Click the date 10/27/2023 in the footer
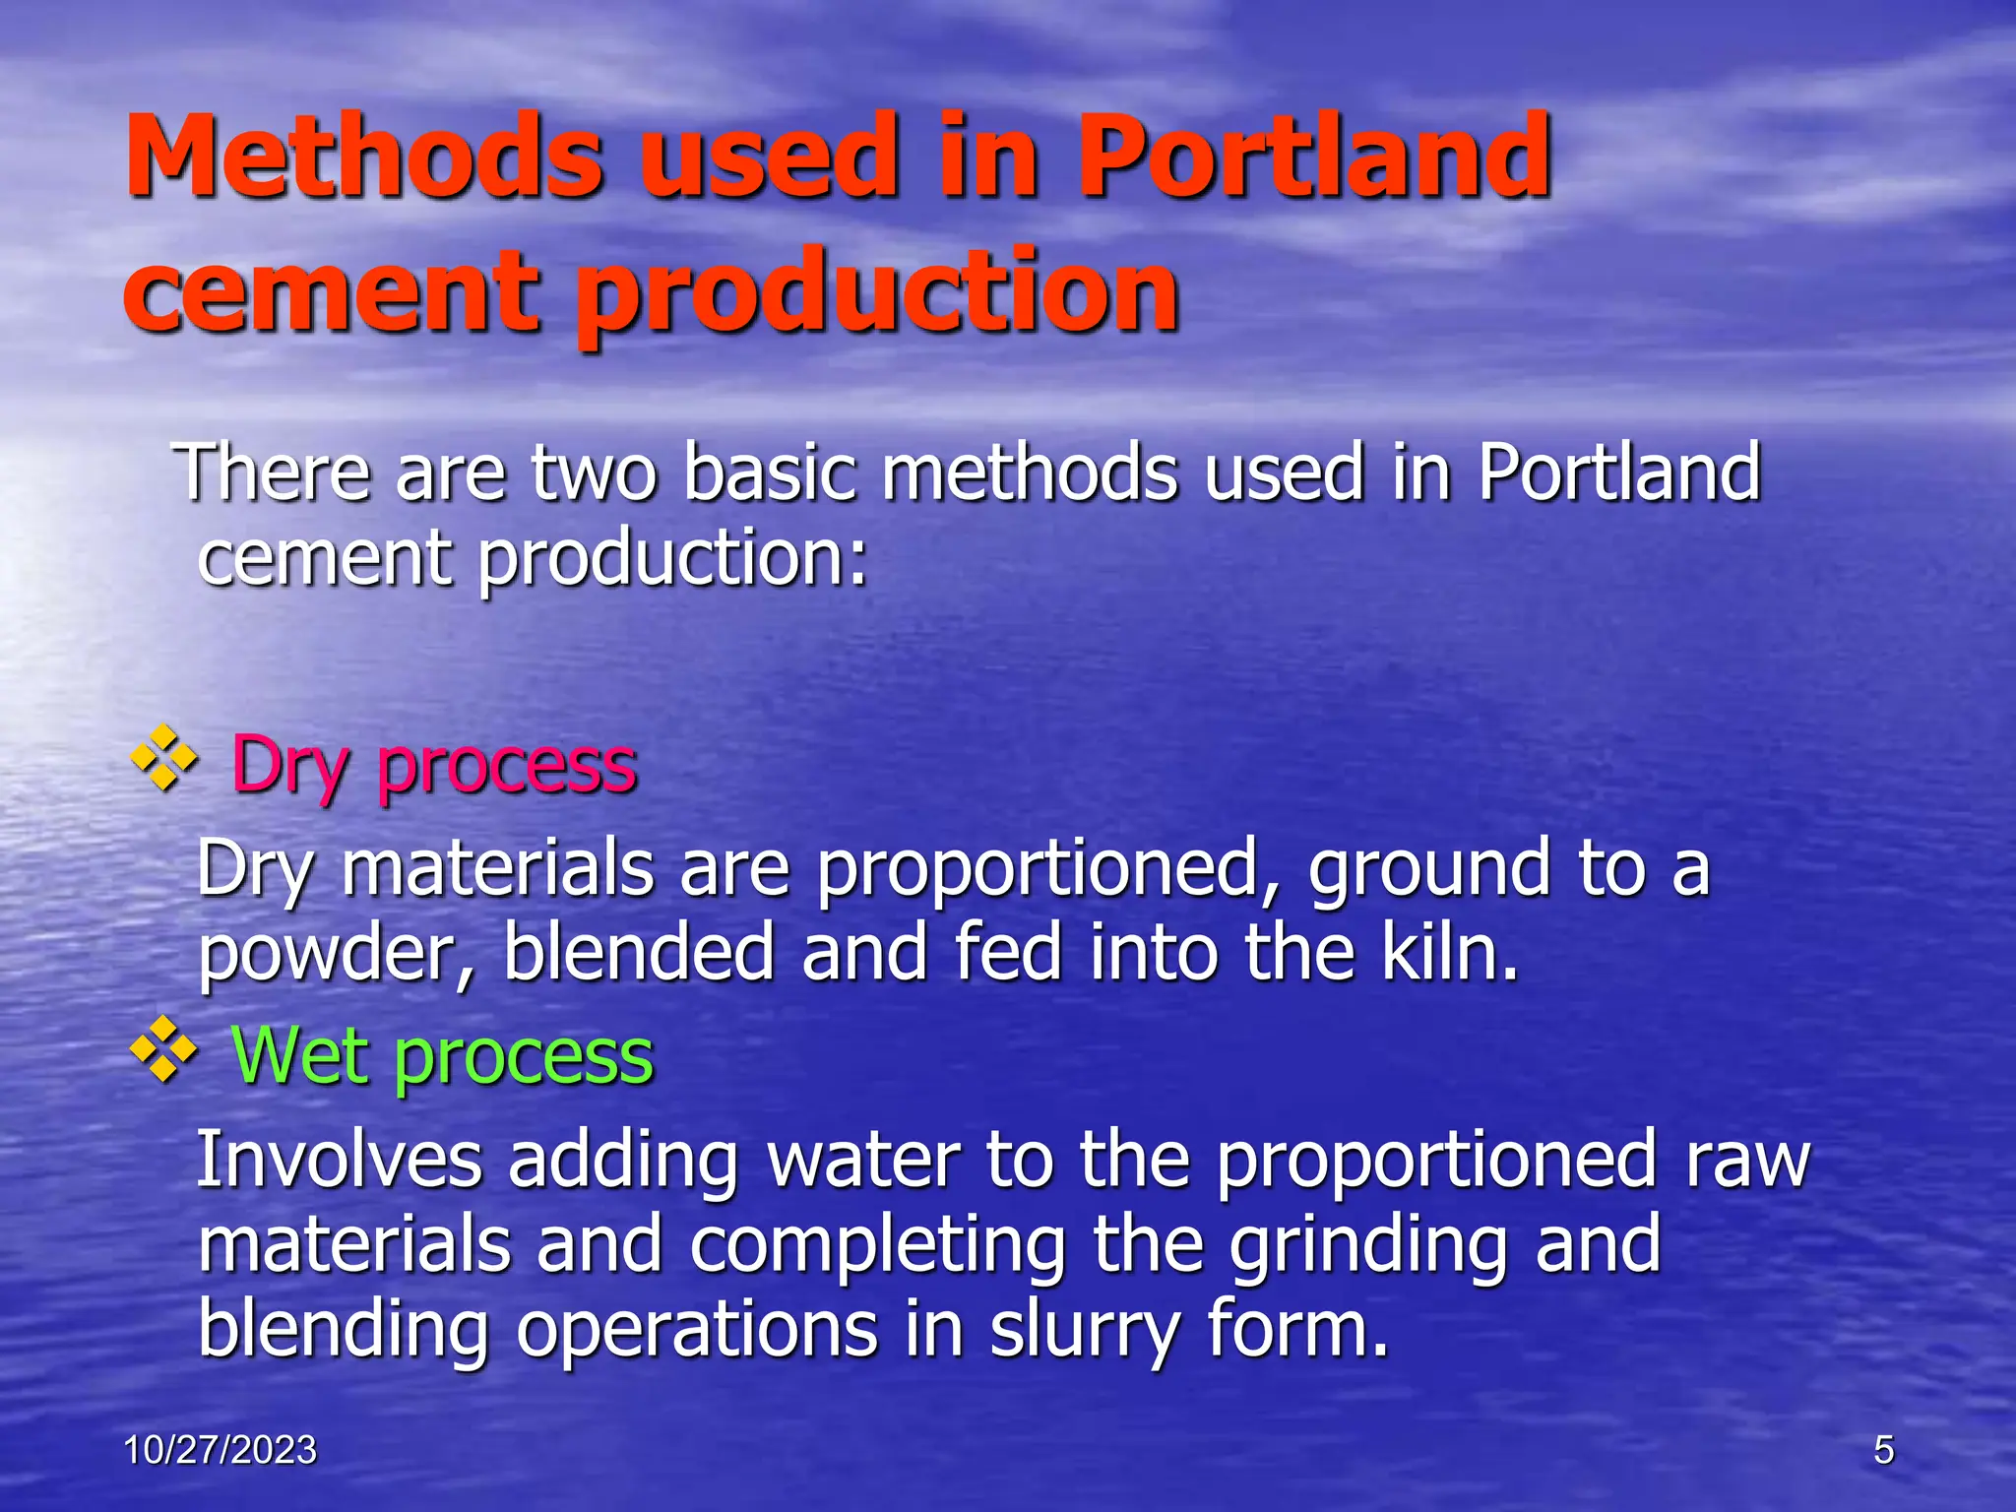click(x=220, y=1450)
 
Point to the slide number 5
click(x=1883, y=1450)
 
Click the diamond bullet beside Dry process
click(x=164, y=759)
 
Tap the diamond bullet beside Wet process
click(x=164, y=1050)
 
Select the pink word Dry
click(x=290, y=766)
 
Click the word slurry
click(x=1084, y=1329)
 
